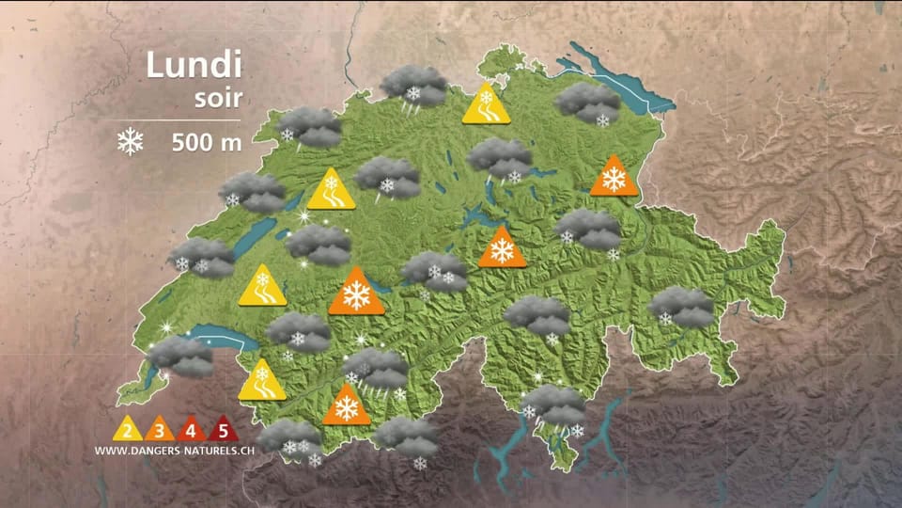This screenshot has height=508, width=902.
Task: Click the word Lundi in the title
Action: [x=194, y=66]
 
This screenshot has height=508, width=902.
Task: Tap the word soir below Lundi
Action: [x=218, y=98]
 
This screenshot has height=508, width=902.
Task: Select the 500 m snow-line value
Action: [x=207, y=143]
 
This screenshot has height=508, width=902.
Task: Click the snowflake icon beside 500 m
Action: [x=130, y=142]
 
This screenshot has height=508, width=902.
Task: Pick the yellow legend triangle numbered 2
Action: [x=127, y=431]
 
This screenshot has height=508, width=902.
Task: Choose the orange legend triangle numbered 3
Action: [x=159, y=431]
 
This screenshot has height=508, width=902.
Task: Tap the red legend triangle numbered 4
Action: [x=191, y=431]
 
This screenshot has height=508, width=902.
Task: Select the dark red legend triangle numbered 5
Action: [x=223, y=431]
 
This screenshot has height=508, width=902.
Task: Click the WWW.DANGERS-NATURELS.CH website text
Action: [x=175, y=451]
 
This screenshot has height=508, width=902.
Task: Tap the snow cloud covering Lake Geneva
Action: [x=181, y=356]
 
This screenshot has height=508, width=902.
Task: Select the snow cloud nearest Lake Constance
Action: [x=587, y=102]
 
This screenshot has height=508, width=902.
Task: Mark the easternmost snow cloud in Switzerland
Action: [x=682, y=306]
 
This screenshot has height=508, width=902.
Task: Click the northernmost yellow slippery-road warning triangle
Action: [x=486, y=105]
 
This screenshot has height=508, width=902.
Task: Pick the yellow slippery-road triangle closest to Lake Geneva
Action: [x=261, y=382]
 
